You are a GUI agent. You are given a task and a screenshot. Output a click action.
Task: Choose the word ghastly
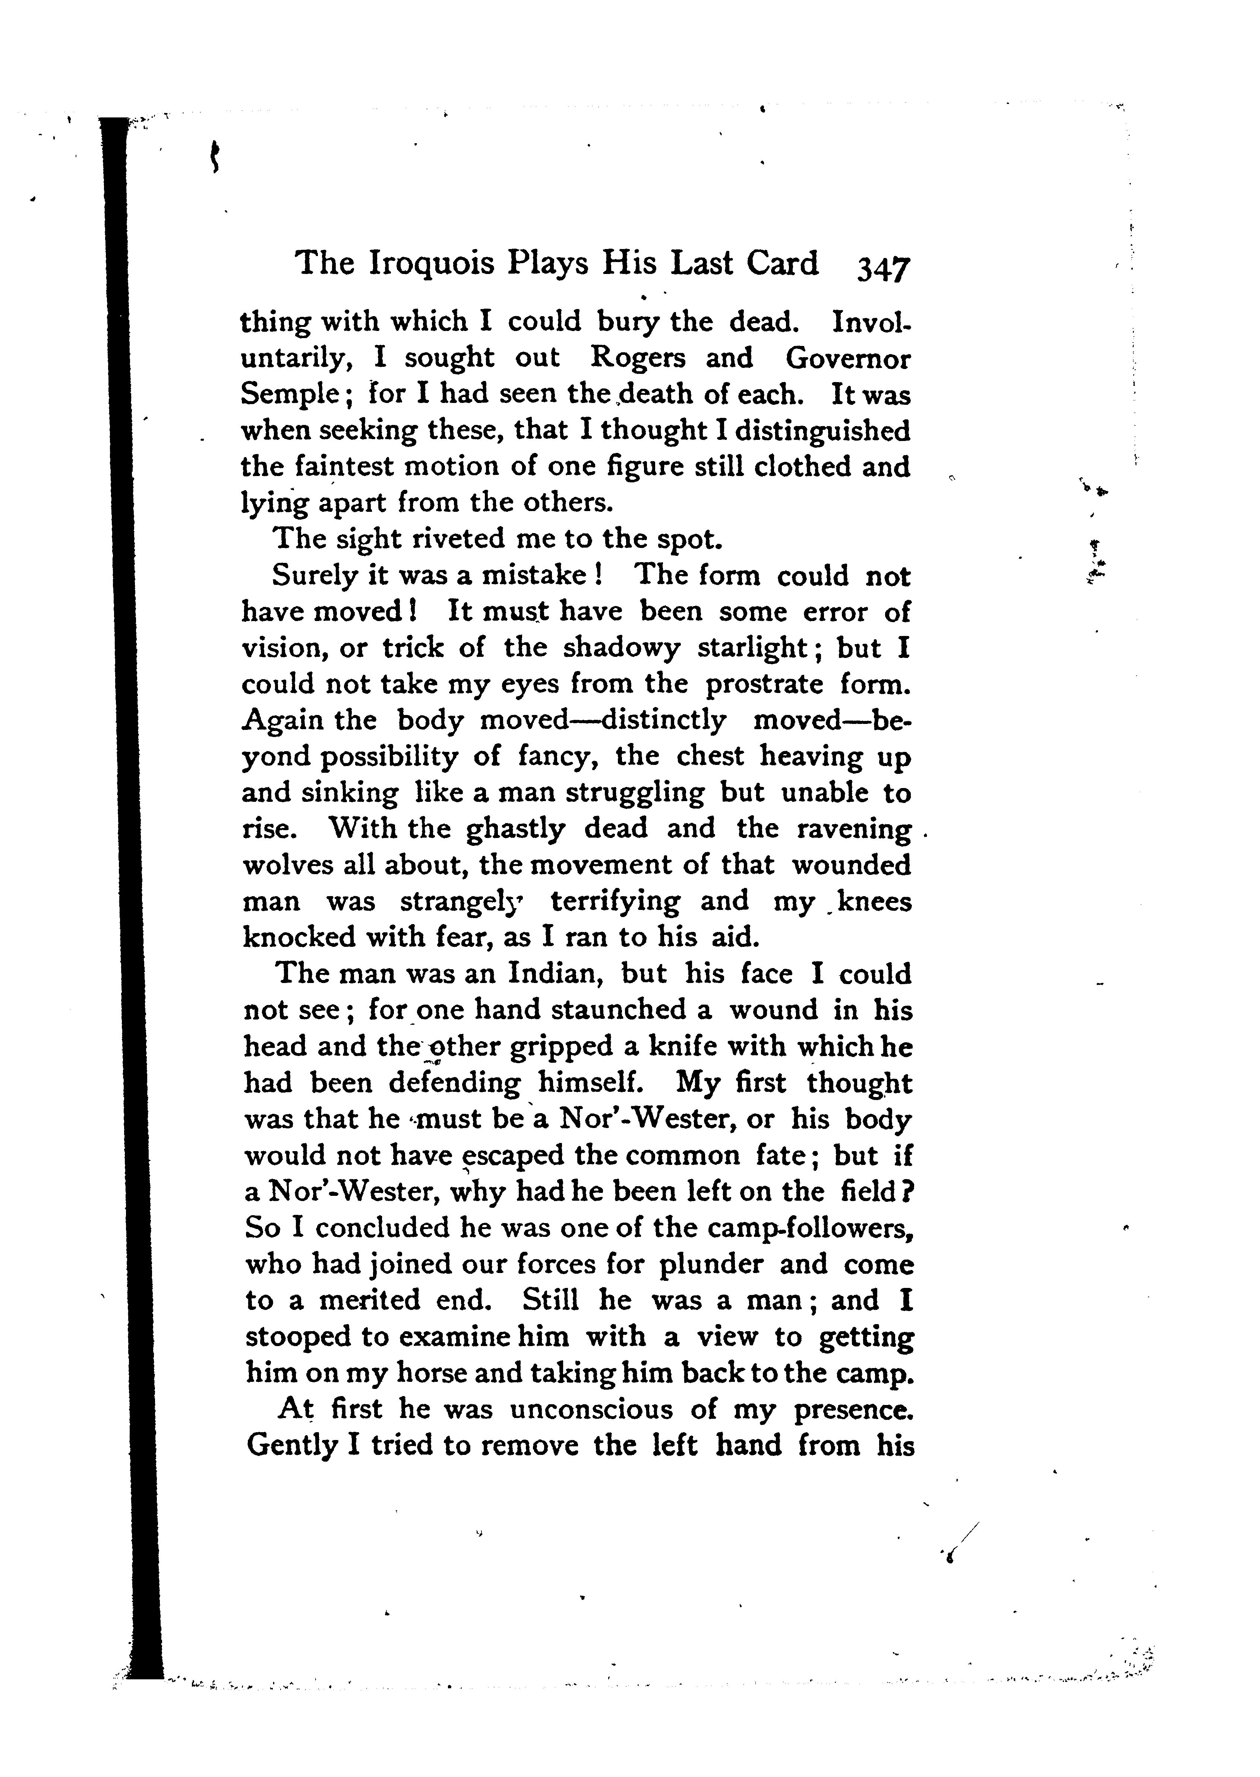point(515,829)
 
